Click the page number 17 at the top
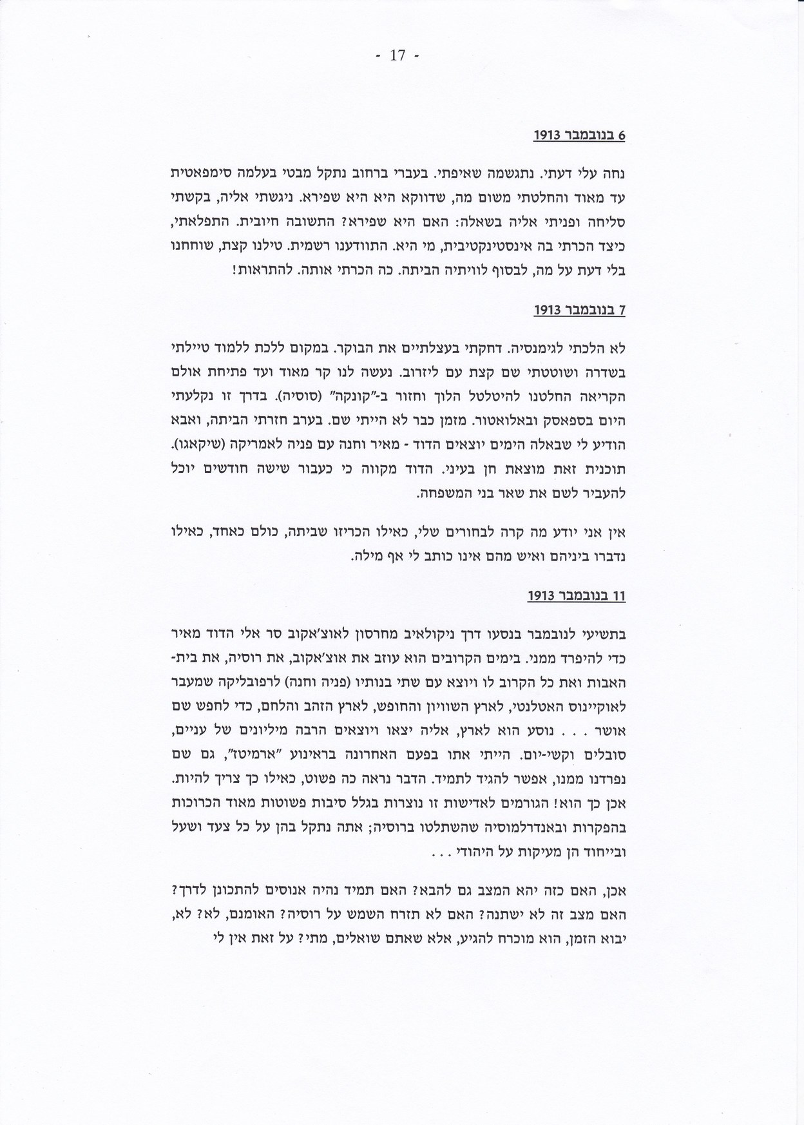coord(397,56)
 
